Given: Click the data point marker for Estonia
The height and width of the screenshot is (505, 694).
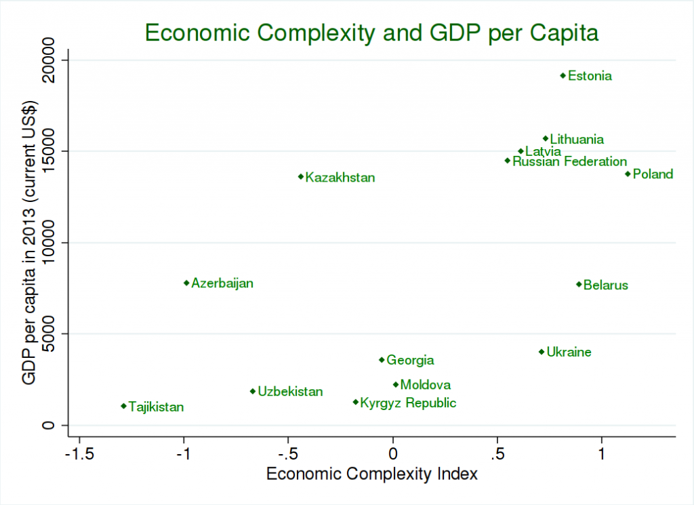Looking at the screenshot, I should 563,75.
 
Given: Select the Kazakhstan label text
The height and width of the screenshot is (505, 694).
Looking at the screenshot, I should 340,178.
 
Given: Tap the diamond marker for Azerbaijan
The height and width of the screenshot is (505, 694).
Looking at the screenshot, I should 186,283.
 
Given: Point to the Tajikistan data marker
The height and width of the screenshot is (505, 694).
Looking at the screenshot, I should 123,406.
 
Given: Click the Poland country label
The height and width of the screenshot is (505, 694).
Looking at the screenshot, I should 653,174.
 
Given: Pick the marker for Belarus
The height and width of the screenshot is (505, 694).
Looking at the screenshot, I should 579,284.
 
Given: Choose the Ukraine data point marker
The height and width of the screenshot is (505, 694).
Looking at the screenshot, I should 542,351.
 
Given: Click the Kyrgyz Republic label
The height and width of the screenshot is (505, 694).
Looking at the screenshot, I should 408,403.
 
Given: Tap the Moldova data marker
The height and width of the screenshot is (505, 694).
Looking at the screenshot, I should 396,384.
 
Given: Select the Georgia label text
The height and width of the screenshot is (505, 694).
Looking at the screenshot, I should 410,361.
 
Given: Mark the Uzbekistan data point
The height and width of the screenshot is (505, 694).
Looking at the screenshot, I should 253,390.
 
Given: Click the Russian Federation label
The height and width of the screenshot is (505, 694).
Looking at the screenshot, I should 569,161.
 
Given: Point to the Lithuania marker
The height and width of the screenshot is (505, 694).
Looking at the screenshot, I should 545,138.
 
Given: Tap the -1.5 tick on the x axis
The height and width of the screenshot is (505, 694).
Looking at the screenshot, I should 79,452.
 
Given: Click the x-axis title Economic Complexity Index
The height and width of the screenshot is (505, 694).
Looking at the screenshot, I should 372,473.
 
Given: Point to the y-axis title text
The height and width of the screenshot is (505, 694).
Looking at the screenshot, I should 29,243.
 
